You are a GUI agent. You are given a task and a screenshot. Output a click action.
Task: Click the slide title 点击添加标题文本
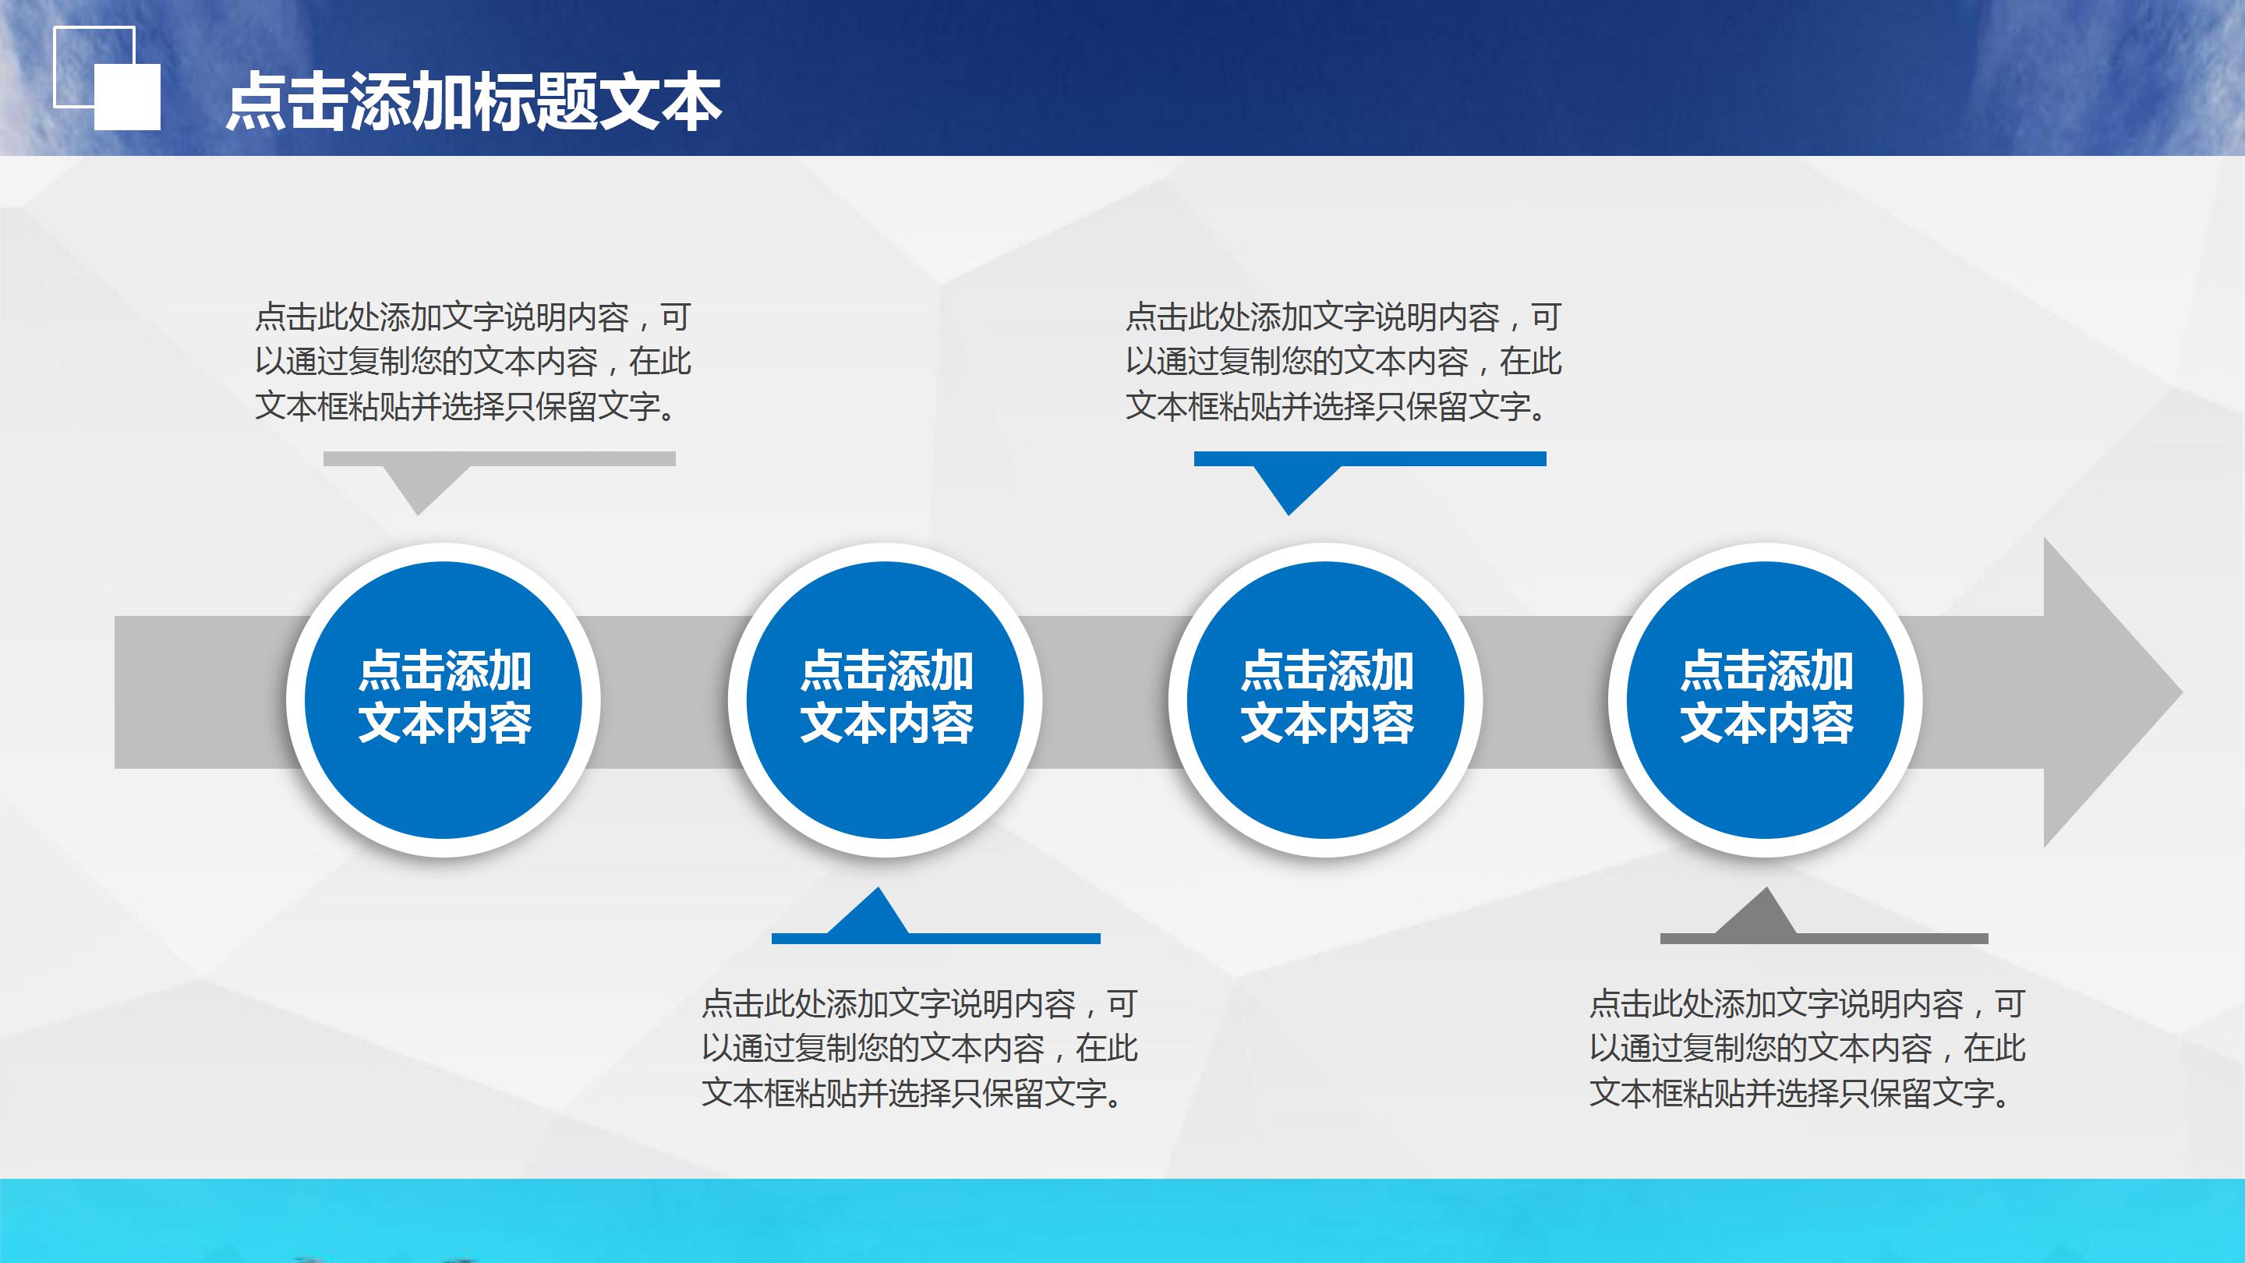[473, 103]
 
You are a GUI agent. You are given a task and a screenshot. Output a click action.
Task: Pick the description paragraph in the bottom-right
[1807, 1048]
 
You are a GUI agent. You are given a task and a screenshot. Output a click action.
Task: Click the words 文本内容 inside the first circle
[444, 723]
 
